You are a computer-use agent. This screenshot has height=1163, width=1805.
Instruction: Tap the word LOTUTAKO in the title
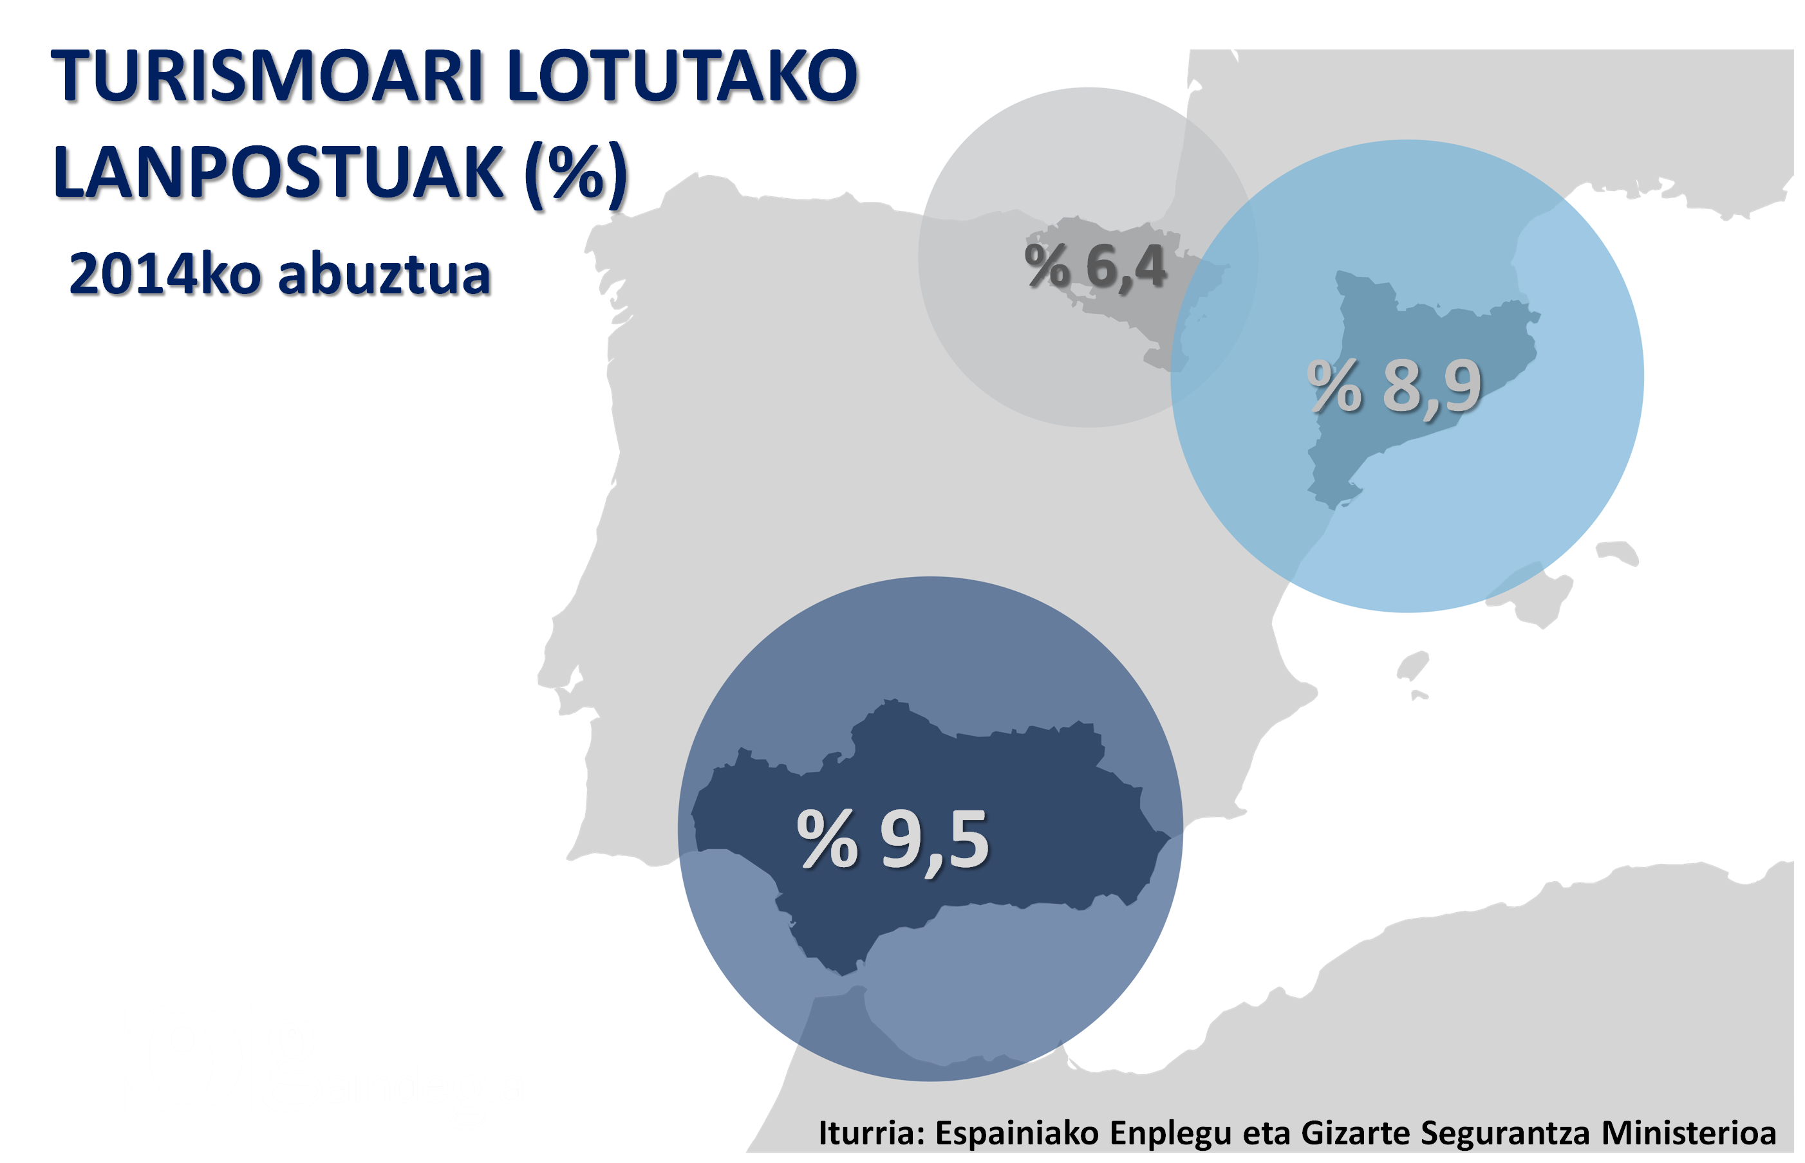(x=684, y=78)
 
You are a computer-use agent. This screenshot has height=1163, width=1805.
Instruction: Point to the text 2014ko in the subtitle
(x=166, y=276)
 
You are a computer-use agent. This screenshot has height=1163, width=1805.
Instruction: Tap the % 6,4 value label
(x=1096, y=266)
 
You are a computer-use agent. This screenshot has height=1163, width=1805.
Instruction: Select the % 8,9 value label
(x=1395, y=387)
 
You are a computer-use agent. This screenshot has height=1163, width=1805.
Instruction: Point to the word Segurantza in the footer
(x=1506, y=1133)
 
